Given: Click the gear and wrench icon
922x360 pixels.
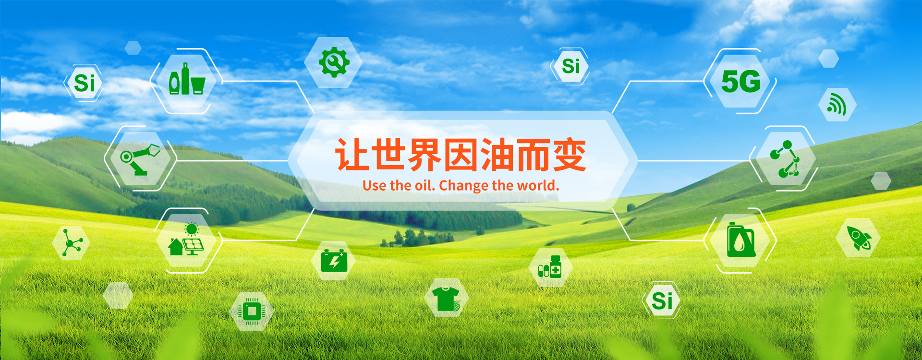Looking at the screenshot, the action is (x=334, y=62).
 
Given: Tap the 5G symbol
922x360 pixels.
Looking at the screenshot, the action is (x=741, y=82).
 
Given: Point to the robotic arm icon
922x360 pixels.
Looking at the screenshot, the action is (x=140, y=159).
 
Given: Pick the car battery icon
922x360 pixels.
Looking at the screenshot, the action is (x=334, y=261).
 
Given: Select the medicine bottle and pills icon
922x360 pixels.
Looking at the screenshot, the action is (x=550, y=266).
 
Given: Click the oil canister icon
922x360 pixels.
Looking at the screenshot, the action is (x=741, y=240).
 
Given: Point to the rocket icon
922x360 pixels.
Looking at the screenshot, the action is (x=858, y=238).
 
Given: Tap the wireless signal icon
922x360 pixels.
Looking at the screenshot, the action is (x=837, y=105).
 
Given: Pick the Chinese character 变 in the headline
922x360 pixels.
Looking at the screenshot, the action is (x=570, y=155).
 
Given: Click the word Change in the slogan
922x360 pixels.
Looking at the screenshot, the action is (x=463, y=185).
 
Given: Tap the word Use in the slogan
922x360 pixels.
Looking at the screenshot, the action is (x=374, y=185).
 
